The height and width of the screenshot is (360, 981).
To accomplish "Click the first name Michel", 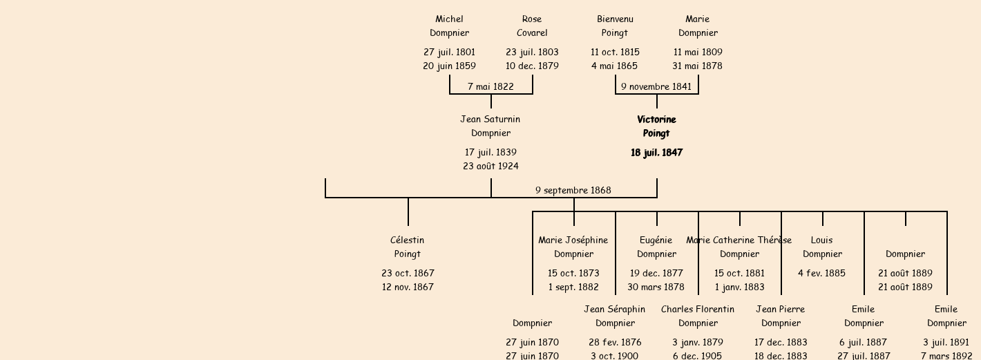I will [x=449, y=19].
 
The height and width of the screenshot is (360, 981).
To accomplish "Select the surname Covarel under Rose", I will [x=532, y=33].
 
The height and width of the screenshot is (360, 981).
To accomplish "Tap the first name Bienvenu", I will [x=615, y=19].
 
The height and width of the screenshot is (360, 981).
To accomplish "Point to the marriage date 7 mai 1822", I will [x=490, y=87].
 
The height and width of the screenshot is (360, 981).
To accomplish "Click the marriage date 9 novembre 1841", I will [x=656, y=87].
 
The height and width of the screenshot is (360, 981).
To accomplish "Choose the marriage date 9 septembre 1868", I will [x=573, y=191].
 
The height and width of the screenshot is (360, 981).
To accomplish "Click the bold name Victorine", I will [x=656, y=120].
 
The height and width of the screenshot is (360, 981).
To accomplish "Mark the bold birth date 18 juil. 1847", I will [x=656, y=153].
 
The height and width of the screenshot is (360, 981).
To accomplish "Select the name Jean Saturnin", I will [x=490, y=120].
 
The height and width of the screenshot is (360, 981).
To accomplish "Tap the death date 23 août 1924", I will [x=490, y=167].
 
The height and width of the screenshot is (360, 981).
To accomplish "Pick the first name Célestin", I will [x=408, y=240].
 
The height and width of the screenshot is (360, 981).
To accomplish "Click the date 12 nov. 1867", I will [x=408, y=287].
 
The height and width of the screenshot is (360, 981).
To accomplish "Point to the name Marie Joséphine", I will [x=573, y=240].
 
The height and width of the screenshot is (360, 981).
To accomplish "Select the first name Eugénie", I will [x=656, y=240].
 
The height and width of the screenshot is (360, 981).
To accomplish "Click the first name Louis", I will [x=822, y=240].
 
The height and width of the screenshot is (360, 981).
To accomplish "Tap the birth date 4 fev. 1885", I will [x=822, y=274].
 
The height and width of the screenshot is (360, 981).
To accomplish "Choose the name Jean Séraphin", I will [x=615, y=310].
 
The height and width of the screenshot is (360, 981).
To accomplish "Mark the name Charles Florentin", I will [x=698, y=310].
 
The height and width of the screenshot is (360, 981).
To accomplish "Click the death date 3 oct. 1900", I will [x=615, y=356].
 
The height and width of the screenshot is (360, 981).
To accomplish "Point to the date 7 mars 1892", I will [x=946, y=356].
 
